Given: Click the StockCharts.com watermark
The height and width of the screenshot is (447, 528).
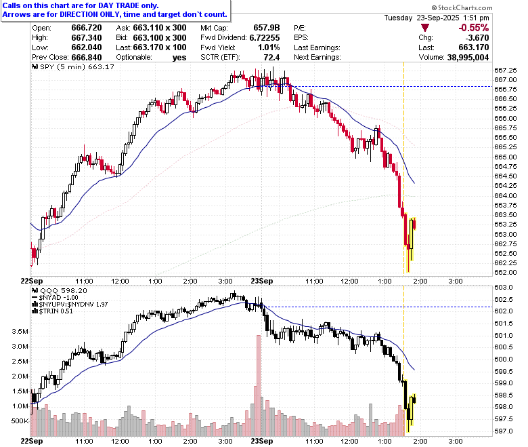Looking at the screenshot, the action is (x=462, y=7).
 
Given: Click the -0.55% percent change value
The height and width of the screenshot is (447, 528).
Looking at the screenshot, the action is (x=473, y=28).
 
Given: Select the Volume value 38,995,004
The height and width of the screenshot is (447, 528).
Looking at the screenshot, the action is (x=468, y=58).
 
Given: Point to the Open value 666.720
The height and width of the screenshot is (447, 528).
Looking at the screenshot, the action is (x=87, y=28).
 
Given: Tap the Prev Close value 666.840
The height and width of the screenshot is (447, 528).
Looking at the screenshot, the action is (x=87, y=58).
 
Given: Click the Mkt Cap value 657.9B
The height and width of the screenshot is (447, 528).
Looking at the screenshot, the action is (x=266, y=28).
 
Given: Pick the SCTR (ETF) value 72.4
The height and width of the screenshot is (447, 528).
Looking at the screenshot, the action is (x=271, y=58).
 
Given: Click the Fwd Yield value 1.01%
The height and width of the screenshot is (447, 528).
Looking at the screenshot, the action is (x=269, y=47).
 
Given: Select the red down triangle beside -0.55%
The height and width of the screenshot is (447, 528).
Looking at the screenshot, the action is (x=425, y=28).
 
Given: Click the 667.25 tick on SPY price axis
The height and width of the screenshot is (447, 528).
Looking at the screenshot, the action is (x=505, y=70).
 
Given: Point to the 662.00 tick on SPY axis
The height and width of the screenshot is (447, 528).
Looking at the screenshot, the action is (x=505, y=272).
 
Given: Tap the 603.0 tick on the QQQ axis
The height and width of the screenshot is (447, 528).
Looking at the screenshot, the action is (x=504, y=288).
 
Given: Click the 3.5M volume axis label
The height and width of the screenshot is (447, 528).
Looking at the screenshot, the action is (x=20, y=331).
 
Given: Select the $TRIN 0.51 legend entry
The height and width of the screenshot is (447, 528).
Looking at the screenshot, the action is (x=52, y=311).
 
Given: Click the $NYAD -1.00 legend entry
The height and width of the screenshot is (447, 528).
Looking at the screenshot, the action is (x=55, y=298).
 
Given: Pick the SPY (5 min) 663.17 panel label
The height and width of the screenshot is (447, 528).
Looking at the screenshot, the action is (x=73, y=66).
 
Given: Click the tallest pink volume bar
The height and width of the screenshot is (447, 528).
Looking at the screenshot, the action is (x=259, y=385).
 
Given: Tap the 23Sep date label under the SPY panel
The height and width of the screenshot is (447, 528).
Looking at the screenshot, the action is (x=262, y=281).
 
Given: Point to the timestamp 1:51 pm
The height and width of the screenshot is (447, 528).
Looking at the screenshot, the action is (x=476, y=18).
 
